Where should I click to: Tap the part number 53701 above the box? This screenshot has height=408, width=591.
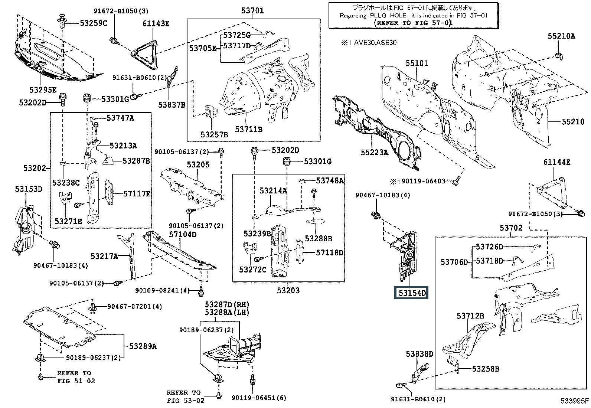(x=252, y=10)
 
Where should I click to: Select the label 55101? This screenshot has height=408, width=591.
(x=417, y=63)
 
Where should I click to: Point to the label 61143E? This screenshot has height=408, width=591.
(x=156, y=23)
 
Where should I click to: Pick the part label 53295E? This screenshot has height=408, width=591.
(x=43, y=90)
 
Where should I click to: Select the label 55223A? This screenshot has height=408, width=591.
(x=375, y=152)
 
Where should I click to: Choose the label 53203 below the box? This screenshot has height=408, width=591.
(x=288, y=291)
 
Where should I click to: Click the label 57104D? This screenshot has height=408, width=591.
(x=183, y=234)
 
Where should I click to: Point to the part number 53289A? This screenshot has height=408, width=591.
(x=143, y=346)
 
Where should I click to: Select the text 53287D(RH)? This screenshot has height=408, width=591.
(x=227, y=305)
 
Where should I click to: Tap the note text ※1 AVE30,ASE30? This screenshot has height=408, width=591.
(x=369, y=42)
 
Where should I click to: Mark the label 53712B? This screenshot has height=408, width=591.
(x=470, y=316)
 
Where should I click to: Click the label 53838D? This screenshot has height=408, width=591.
(x=419, y=354)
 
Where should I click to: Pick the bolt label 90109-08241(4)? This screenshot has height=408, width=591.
(x=163, y=290)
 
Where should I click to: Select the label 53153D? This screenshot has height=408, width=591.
(x=29, y=189)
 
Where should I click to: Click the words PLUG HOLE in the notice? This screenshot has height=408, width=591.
(x=388, y=16)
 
